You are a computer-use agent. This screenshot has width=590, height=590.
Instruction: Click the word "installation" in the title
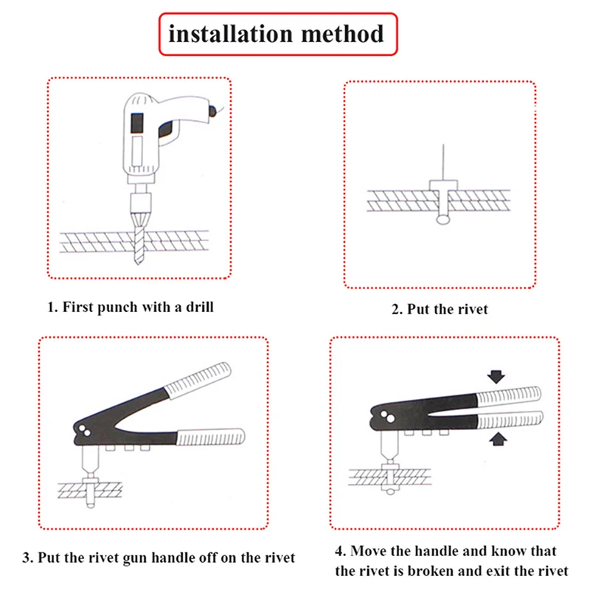coord(230,34)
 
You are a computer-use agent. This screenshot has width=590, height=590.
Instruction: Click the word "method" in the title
coord(342,34)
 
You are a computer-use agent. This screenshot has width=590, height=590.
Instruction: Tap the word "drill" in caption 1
coord(200,307)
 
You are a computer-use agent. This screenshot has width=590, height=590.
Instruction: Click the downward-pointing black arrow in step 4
coord(496,377)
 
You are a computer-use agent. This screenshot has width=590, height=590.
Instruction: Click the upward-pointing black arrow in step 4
coord(499,439)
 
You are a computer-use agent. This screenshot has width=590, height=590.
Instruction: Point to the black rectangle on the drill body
coord(137,122)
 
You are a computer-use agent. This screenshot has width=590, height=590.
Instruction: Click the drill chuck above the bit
coord(141,204)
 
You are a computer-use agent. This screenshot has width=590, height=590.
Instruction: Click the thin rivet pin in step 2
coord(443,162)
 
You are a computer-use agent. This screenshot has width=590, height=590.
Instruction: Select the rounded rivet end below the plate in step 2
coord(443,219)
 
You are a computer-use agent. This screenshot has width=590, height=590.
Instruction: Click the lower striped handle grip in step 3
coord(211,438)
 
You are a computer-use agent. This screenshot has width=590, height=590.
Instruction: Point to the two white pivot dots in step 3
coord(84,431)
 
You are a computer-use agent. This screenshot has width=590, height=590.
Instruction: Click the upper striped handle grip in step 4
coord(508,397)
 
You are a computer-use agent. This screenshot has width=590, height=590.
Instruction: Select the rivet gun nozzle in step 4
coord(389,447)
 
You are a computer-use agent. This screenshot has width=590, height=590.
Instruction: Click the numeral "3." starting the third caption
coord(27,558)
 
